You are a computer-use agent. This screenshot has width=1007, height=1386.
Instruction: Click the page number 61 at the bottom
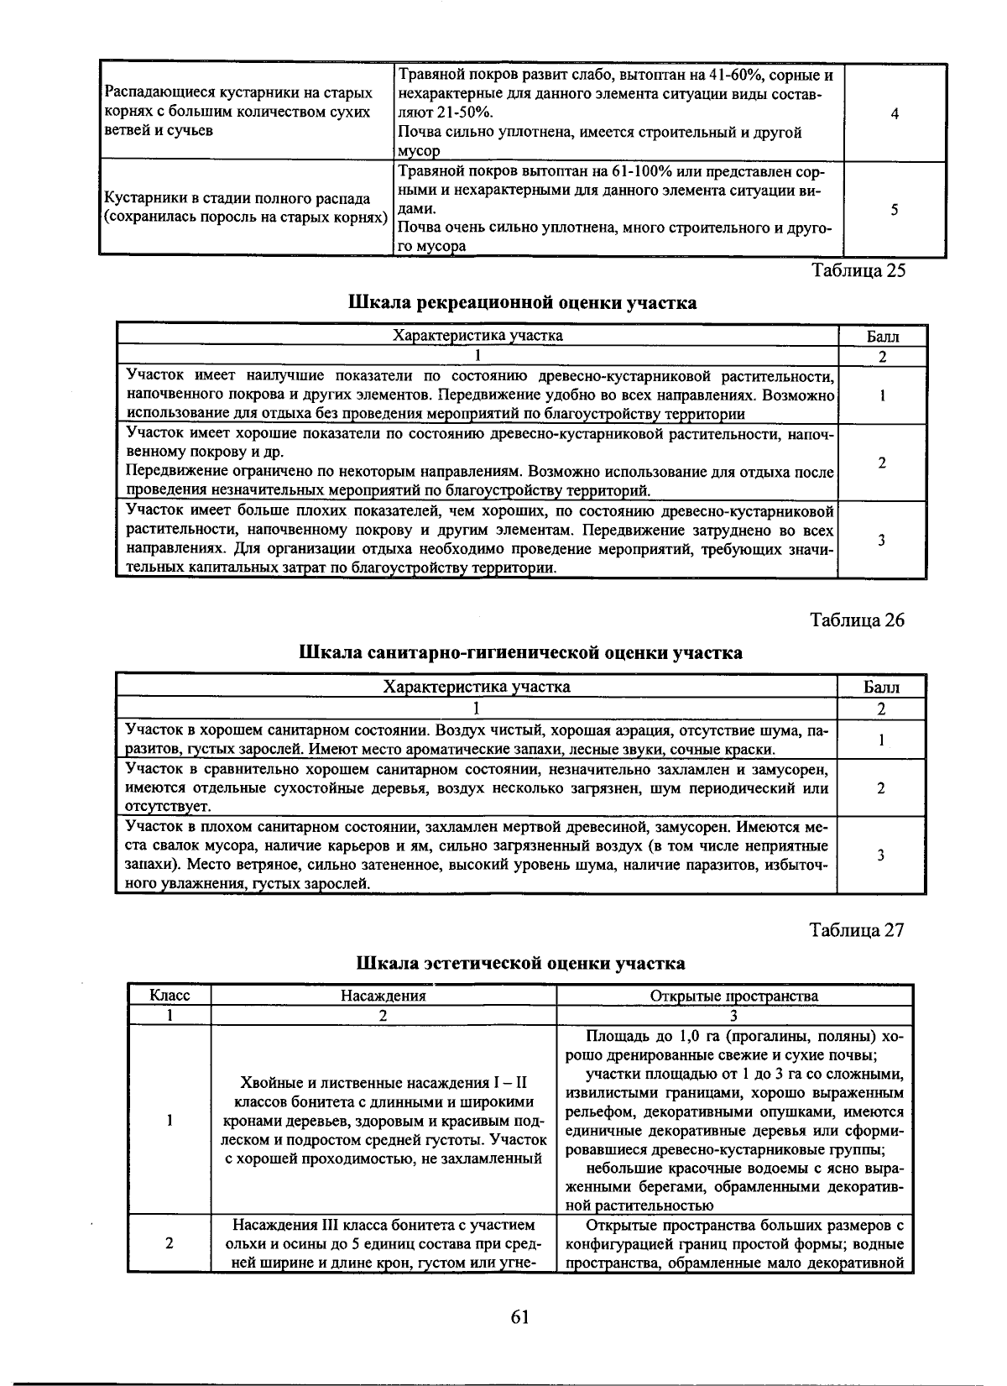coord(519,1317)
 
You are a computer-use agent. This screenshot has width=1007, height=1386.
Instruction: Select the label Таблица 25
coord(858,270)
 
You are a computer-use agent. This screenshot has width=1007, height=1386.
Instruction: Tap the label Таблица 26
coord(858,620)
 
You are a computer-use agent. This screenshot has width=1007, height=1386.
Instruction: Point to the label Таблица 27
coord(858,930)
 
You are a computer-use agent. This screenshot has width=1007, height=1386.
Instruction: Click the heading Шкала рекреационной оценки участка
coord(522,302)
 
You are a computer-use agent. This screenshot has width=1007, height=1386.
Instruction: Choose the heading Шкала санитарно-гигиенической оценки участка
coord(521,652)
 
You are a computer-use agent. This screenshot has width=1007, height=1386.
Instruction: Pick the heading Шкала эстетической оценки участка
coord(521,963)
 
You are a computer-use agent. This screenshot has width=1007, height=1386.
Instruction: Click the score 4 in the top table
coord(895,113)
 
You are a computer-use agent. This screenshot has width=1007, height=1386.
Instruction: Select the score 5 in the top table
coord(895,209)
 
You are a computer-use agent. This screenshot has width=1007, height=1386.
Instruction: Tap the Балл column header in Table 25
coord(882,337)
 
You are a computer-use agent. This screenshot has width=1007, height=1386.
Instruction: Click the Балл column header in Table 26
coord(881,688)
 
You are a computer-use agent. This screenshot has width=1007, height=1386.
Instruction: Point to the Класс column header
coord(170,996)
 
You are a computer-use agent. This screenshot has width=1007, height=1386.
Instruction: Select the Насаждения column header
coord(383,996)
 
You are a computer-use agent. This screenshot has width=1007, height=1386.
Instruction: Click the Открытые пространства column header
coord(734,996)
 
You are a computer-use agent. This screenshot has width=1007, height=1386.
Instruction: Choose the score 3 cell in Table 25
coord(882,540)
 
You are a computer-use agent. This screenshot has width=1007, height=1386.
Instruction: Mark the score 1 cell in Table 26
coord(881,740)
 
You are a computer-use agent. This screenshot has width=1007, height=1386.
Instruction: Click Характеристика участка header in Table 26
coord(477,688)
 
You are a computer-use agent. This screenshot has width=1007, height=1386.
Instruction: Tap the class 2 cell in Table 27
coord(170,1243)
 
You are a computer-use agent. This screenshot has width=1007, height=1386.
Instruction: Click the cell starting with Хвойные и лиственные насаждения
coord(383,1120)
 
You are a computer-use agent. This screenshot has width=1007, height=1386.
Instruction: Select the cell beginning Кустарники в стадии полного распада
coord(245,208)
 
